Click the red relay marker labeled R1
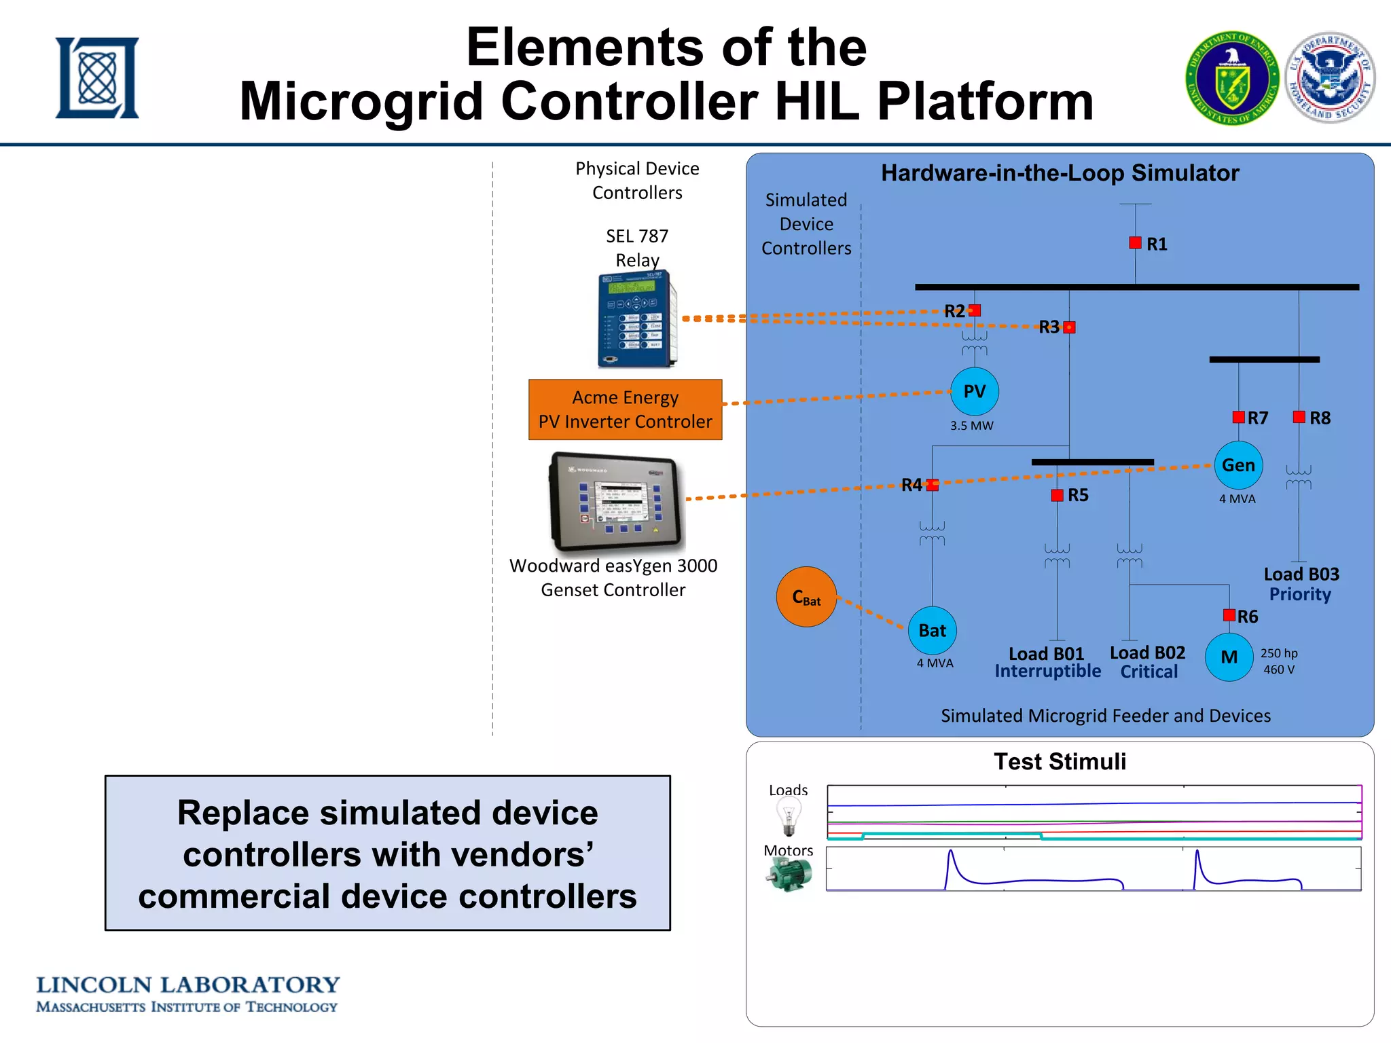click(x=1135, y=242)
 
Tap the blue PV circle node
click(x=974, y=391)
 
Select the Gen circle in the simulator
click(x=1238, y=465)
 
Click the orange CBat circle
click(x=806, y=597)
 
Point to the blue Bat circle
click(x=932, y=630)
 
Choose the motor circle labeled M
click(x=1229, y=657)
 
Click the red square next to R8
click(x=1299, y=417)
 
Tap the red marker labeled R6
click(x=1229, y=615)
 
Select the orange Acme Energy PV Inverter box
click(x=625, y=409)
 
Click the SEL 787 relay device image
click(x=637, y=319)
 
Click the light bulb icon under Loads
click(x=789, y=816)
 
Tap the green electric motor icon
click(x=789, y=875)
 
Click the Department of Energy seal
click(x=1232, y=78)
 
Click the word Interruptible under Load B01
click(x=1047, y=671)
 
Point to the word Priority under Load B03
click(x=1300, y=594)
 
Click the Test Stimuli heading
click(x=1060, y=762)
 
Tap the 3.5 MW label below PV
click(x=971, y=426)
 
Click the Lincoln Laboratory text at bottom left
click(x=187, y=985)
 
